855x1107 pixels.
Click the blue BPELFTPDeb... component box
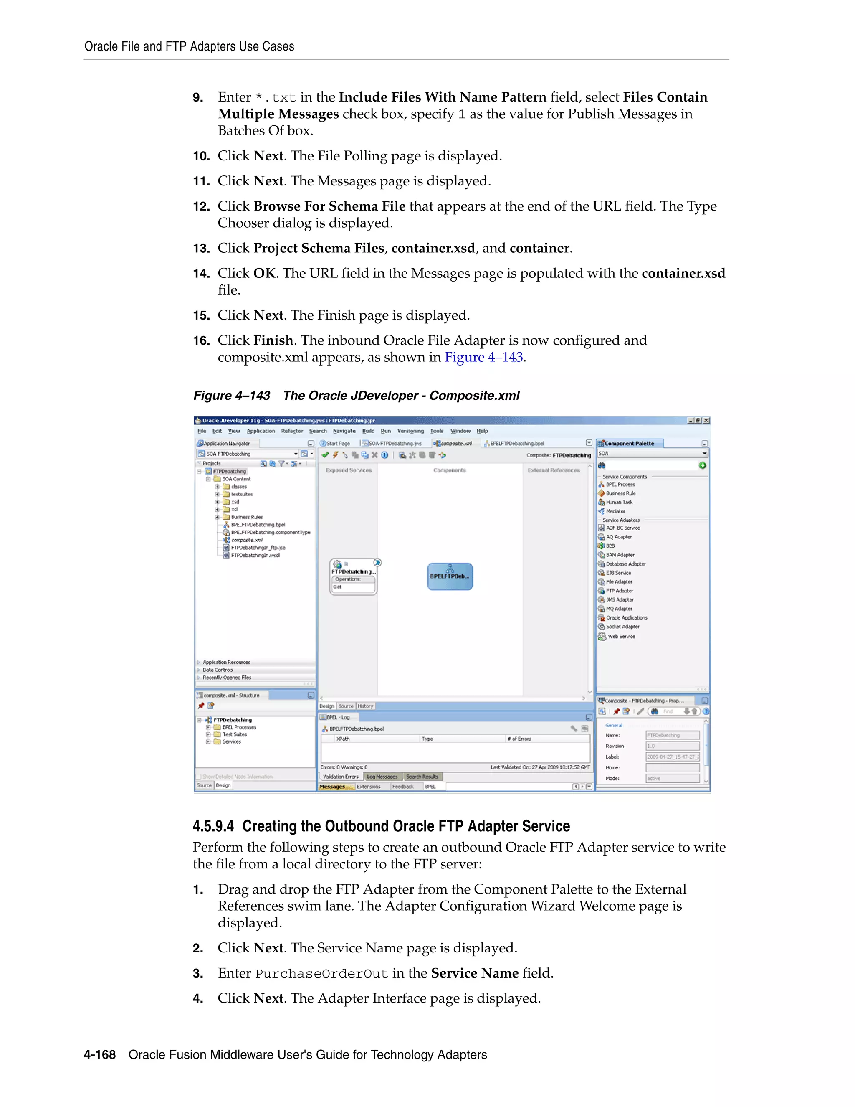point(450,576)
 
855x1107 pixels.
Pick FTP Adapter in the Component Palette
point(619,591)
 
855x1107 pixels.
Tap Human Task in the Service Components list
point(619,502)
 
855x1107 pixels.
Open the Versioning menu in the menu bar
point(410,431)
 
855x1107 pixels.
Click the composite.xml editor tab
point(455,444)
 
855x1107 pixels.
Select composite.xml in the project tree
point(247,540)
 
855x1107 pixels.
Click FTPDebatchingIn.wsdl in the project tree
point(255,556)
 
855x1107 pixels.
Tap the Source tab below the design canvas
point(346,706)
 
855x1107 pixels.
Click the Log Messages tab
point(382,777)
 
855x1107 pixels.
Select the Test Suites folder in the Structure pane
point(235,734)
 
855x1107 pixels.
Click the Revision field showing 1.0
point(672,746)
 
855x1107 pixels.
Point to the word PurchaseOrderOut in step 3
point(321,974)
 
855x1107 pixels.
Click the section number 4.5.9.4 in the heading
point(213,826)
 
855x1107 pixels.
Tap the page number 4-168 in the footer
point(100,1055)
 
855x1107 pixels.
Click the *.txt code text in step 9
point(276,97)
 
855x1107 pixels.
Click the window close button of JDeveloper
point(706,421)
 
